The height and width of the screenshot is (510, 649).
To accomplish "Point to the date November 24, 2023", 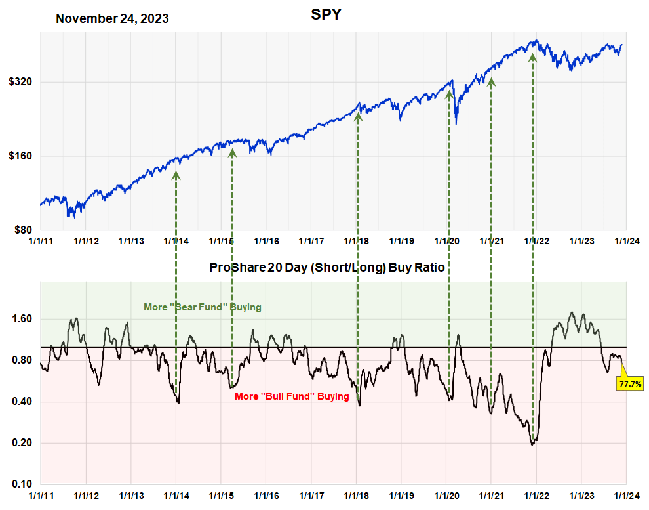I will [x=112, y=18].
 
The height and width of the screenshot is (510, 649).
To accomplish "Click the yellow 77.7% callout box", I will [x=629, y=383].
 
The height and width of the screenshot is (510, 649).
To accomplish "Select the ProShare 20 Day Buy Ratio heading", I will [x=326, y=268].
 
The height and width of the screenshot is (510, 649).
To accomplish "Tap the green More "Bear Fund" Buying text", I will [x=203, y=307].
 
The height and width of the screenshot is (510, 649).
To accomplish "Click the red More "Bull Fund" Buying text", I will [x=292, y=396].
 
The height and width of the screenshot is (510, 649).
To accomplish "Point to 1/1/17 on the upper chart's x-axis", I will [x=311, y=242].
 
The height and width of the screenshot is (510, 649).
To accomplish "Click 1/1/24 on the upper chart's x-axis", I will [x=627, y=242].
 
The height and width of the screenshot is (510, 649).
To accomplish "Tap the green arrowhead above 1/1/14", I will [x=176, y=174].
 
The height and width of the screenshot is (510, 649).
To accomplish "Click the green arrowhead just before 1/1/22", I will [x=532, y=57].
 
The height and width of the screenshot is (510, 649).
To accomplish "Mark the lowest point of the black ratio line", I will [x=532, y=444].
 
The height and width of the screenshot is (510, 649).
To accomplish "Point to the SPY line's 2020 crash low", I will [x=456, y=123].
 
